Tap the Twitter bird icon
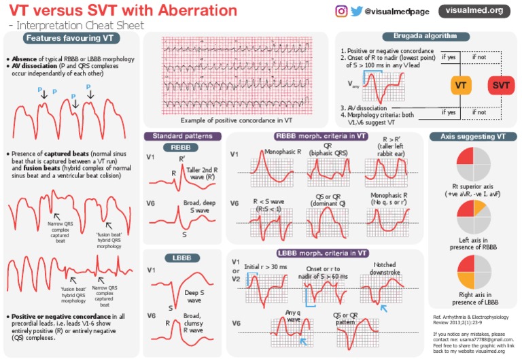click(355, 10)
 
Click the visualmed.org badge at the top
click(478, 10)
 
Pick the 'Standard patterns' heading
click(181, 135)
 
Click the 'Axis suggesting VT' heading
click(473, 136)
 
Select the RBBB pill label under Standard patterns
click(181, 148)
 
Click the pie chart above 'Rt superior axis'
click(473, 164)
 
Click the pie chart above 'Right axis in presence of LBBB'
click(473, 272)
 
